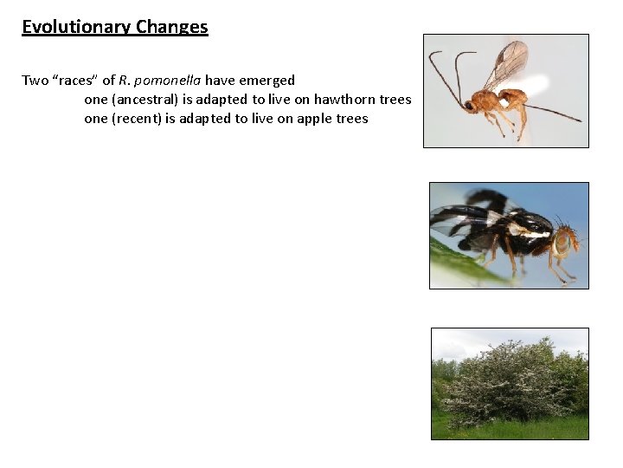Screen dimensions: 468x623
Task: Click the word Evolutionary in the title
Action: [65, 27]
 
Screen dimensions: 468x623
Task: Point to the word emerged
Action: [267, 81]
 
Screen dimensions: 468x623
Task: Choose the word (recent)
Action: [136, 119]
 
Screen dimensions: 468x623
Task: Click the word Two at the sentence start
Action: [35, 81]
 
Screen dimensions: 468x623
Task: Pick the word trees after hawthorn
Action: [395, 100]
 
